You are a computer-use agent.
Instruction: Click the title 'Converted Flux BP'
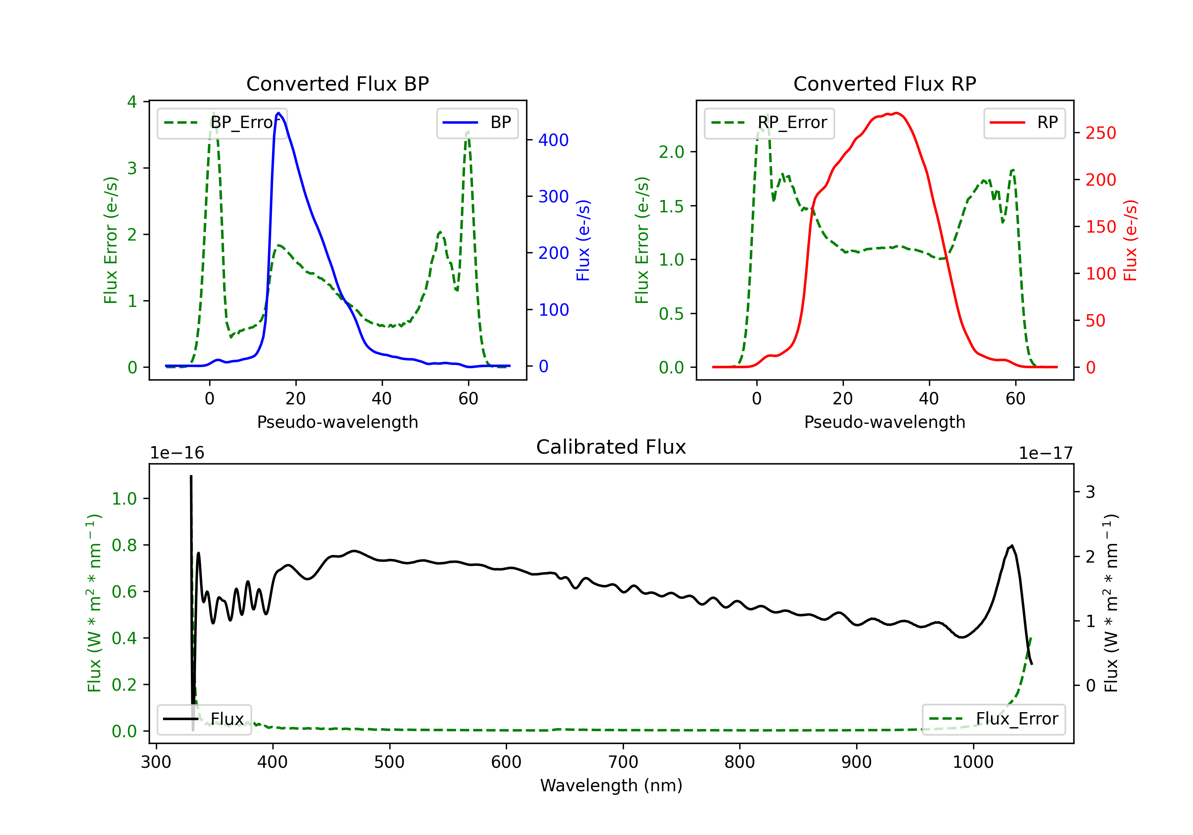tap(337, 83)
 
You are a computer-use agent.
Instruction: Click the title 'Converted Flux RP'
tap(884, 83)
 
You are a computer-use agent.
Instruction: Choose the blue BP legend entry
tap(477, 122)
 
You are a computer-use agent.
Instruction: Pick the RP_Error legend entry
tap(769, 122)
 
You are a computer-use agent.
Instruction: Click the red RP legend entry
tap(1024, 122)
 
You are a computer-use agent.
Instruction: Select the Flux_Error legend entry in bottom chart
tap(993, 719)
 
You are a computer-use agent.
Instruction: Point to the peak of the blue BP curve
tap(278, 113)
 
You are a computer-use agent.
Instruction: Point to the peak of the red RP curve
tap(896, 113)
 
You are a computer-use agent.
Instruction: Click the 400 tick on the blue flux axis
tap(554, 140)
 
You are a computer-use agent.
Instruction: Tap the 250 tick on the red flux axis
tap(1100, 133)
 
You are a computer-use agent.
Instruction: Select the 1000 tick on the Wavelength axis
tap(973, 762)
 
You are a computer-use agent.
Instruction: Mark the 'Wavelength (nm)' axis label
tap(611, 785)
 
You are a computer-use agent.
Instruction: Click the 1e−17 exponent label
tap(1045, 453)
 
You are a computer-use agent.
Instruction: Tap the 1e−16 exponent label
tap(177, 453)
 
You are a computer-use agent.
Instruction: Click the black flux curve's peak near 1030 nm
tap(1011, 546)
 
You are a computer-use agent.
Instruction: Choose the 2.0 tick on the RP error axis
tap(671, 152)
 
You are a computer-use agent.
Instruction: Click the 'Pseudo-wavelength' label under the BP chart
tap(337, 422)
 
